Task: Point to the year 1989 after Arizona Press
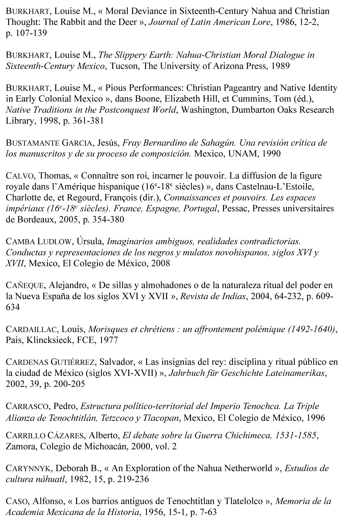point(280,66)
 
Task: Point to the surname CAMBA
point(20,242)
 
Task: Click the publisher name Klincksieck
point(50,340)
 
